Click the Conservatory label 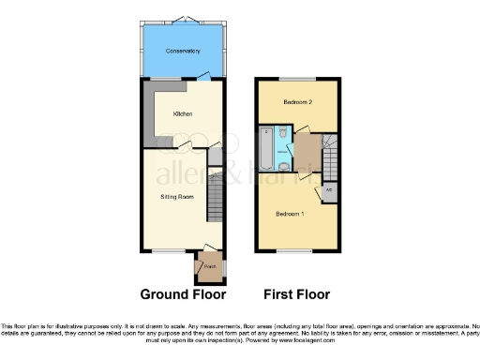point(182,50)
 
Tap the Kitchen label point(182,113)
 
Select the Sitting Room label point(175,197)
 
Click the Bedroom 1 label point(290,213)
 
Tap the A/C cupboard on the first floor point(329,190)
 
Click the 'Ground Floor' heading point(183,293)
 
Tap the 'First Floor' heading point(296,293)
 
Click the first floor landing point(306,150)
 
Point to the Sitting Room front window point(168,250)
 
